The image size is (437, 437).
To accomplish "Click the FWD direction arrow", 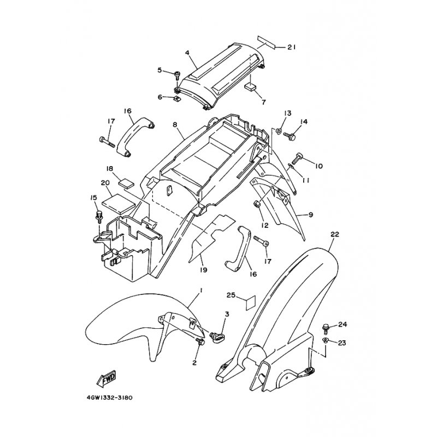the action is (x=106, y=379).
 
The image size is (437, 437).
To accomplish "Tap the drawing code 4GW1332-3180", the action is (x=110, y=398).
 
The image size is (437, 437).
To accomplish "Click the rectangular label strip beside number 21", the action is (x=266, y=42).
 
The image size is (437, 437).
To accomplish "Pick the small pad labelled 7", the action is (x=251, y=87).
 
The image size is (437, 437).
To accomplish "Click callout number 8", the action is (x=175, y=125).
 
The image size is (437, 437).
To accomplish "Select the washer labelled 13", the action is (x=279, y=130).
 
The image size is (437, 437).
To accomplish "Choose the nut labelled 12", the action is (x=257, y=205).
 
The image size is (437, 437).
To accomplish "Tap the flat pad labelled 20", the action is (x=119, y=202).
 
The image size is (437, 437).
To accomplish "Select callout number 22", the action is (x=335, y=234).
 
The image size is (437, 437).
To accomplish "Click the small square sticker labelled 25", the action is (x=251, y=303).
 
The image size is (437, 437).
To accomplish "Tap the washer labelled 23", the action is (x=326, y=340).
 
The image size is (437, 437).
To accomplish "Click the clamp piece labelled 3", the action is (x=219, y=336).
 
